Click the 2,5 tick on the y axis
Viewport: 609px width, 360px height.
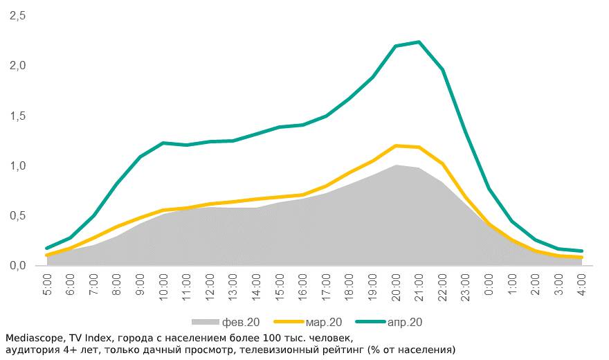[17, 16]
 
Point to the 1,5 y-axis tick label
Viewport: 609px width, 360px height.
[17, 116]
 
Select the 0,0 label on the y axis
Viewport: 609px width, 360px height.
[17, 266]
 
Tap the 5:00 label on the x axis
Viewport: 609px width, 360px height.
[48, 285]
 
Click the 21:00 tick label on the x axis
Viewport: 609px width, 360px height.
[419, 287]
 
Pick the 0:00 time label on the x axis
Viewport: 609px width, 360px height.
[489, 285]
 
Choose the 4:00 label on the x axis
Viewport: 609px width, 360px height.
[582, 285]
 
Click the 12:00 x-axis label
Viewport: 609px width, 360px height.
[210, 287]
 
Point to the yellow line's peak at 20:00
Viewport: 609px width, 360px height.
[396, 145]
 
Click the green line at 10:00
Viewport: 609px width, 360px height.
[163, 143]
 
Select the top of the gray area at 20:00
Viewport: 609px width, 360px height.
[396, 165]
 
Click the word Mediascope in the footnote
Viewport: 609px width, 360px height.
[33, 339]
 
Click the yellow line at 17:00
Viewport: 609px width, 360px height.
[326, 186]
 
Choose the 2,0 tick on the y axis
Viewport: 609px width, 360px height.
[17, 66]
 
